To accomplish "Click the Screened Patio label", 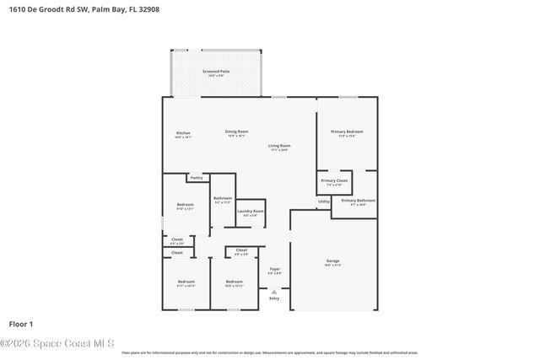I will tap(217, 72).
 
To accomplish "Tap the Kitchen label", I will tap(183, 133).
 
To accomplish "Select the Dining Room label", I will tap(236, 132).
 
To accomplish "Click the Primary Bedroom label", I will tap(347, 132).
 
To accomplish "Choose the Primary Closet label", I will tap(334, 181).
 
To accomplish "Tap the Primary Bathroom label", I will tap(359, 201).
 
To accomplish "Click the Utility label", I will tap(324, 201).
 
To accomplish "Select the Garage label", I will tap(333, 261).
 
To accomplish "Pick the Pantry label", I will tap(196, 178).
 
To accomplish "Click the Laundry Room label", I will tap(251, 211).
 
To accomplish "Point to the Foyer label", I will tap(274, 270).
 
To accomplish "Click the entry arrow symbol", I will tap(273, 292).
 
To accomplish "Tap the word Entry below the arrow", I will tap(273, 298).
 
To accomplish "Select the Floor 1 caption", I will tap(21, 324).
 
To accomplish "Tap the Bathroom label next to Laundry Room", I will tap(223, 198).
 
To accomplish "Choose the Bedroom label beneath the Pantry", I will tap(186, 205).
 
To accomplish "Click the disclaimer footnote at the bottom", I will tap(270, 353).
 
